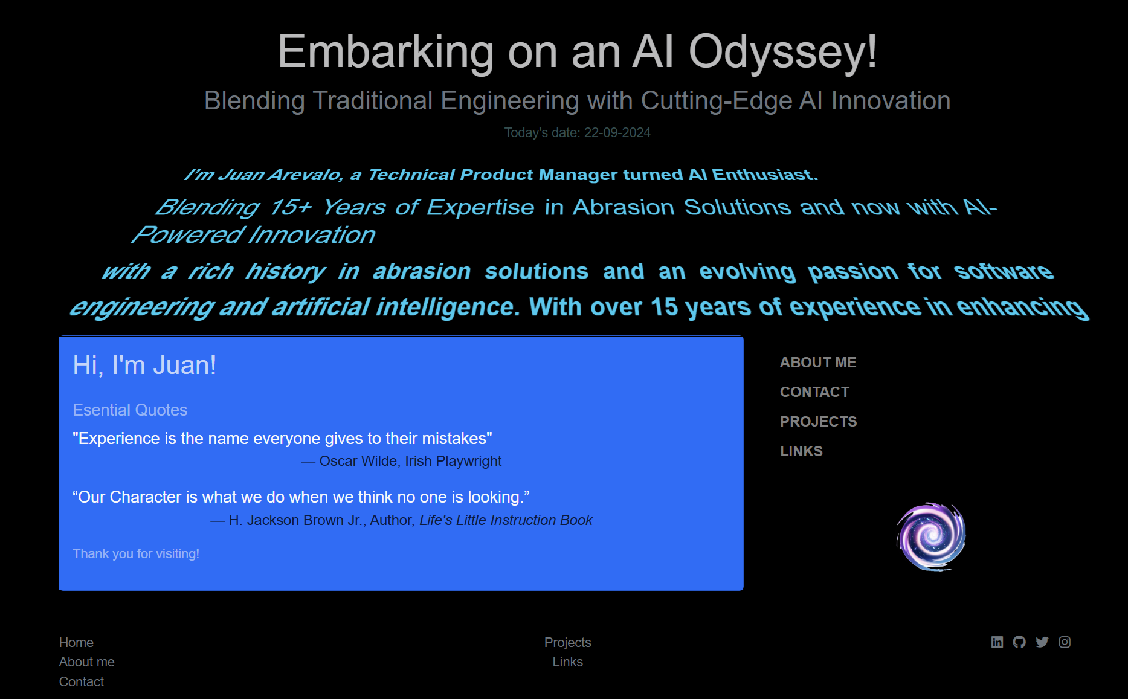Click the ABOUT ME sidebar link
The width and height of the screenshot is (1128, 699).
point(818,362)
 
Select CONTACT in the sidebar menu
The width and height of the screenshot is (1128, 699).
point(814,392)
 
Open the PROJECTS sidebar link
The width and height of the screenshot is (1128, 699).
point(819,422)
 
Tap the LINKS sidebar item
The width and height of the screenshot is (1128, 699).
point(801,451)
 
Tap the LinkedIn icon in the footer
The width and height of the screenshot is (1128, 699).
point(997,642)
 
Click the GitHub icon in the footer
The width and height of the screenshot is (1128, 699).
point(1019,642)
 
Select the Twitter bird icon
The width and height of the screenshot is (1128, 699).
point(1042,642)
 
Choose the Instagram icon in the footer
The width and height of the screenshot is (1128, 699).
point(1065,642)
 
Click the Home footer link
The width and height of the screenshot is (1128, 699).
point(76,642)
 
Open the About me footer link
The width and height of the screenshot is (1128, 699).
point(86,662)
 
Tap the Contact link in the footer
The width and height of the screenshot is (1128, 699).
point(82,682)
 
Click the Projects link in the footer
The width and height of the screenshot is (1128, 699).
point(568,642)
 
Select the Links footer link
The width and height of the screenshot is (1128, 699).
point(568,662)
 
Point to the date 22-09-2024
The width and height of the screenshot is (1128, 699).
point(617,133)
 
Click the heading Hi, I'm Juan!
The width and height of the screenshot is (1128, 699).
point(144,366)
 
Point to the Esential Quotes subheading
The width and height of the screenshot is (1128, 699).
point(130,410)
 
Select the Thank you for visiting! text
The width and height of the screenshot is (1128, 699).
point(136,554)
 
